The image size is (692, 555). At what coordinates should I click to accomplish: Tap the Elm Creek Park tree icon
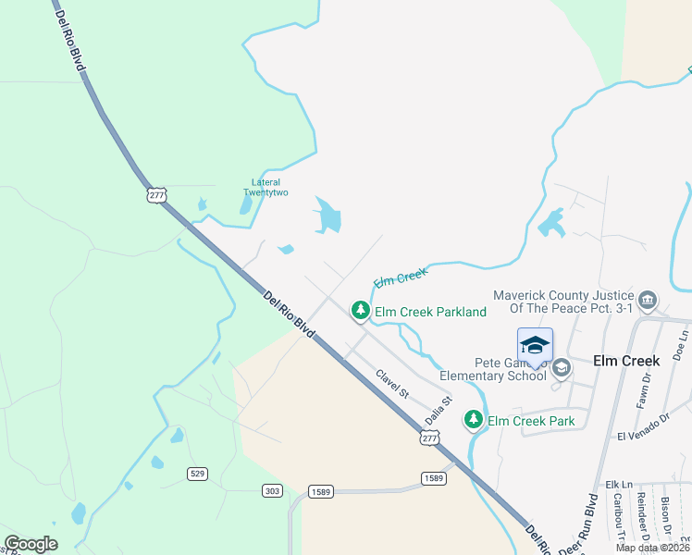tap(475, 421)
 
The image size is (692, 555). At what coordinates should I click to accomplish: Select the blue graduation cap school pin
tap(535, 346)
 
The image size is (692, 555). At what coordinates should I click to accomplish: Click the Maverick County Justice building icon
tap(647, 300)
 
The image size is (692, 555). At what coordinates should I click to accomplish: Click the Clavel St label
tap(392, 384)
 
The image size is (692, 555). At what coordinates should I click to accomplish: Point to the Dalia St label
tap(438, 412)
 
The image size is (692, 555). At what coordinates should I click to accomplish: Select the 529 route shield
tap(197, 474)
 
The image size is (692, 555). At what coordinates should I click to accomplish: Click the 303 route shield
tap(272, 490)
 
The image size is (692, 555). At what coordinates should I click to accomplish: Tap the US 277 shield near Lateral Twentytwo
tap(156, 193)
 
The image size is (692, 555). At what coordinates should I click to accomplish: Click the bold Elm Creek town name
tap(626, 361)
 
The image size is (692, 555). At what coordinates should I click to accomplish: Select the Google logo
tap(31, 544)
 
